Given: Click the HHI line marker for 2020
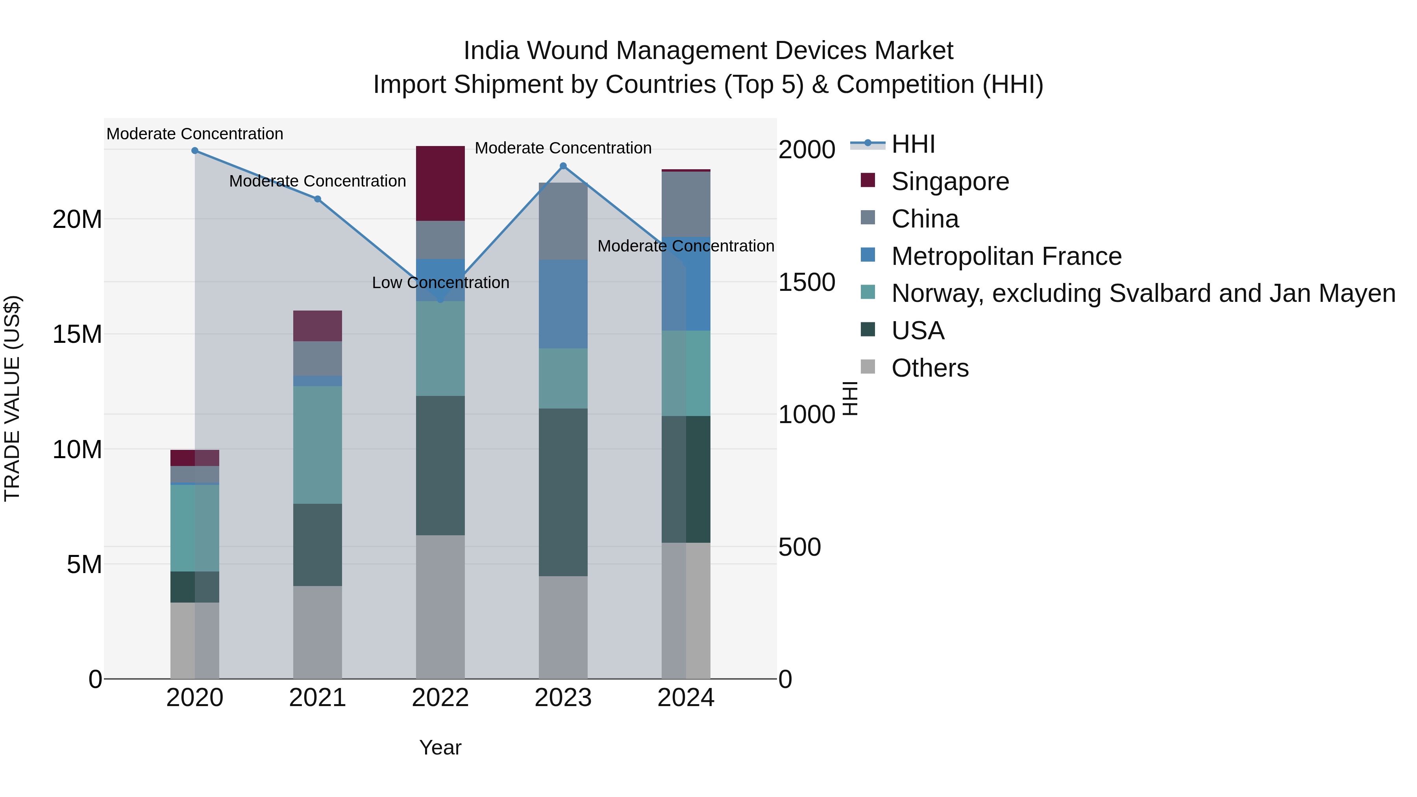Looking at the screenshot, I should (x=195, y=151).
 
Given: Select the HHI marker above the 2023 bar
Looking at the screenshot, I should (x=563, y=166).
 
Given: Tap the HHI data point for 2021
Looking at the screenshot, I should (x=317, y=199).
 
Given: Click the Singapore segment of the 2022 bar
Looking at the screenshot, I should (x=440, y=184).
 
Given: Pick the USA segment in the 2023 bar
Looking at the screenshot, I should (x=563, y=492).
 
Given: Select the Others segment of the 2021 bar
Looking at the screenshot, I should (x=317, y=632).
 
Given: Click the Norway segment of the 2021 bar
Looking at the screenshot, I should (x=317, y=445).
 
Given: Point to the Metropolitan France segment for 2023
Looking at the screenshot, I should (x=563, y=304).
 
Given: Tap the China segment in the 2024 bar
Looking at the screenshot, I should (x=685, y=205).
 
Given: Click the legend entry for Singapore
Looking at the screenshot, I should (x=950, y=181).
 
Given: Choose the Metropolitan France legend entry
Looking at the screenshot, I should (x=1006, y=256).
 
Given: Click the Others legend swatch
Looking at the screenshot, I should (x=868, y=367).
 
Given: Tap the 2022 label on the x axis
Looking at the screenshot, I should (x=440, y=698).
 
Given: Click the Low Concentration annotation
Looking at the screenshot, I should (x=440, y=283).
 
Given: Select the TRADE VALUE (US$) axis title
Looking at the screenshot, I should (x=12, y=398).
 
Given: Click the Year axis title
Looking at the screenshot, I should (x=440, y=747).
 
